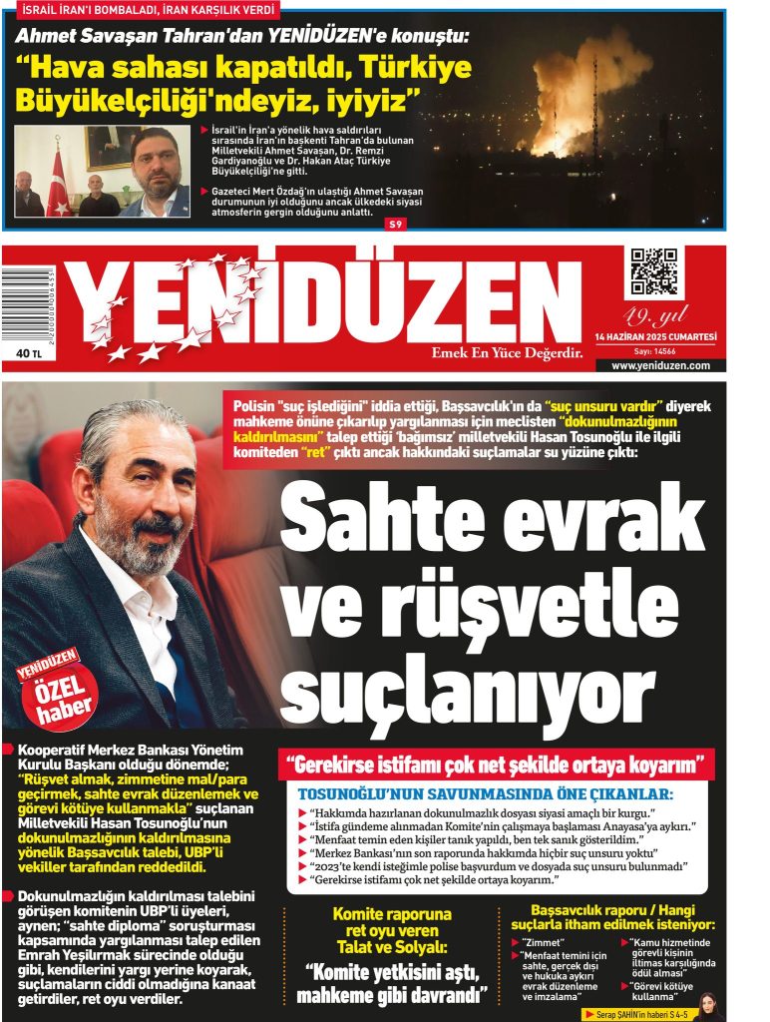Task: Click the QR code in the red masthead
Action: tap(653, 271)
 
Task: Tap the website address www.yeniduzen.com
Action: tap(660, 365)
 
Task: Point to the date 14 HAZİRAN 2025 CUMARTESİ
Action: tap(655, 337)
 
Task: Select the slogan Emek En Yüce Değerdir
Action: tap(506, 353)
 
